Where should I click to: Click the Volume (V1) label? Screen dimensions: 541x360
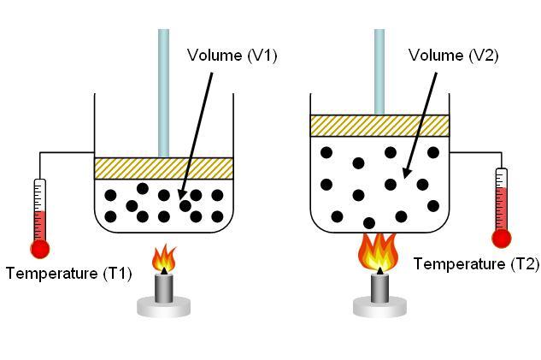(232, 56)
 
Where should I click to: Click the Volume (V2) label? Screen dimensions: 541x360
(453, 56)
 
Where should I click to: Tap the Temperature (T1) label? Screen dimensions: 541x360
(69, 274)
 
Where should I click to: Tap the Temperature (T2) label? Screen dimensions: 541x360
(476, 264)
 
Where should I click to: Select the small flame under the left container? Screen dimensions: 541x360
(164, 258)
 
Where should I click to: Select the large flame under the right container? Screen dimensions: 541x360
(379, 251)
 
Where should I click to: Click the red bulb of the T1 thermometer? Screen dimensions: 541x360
(40, 249)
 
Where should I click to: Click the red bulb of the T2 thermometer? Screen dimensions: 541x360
(502, 239)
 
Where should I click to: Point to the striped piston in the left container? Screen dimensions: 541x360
(164, 168)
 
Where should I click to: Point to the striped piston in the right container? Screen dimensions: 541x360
(379, 126)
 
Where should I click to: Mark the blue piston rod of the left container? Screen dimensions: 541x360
(163, 93)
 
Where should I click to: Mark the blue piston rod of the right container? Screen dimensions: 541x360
(379, 72)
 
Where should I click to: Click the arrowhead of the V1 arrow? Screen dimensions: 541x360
(181, 196)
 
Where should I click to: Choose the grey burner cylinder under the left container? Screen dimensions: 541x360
(163, 288)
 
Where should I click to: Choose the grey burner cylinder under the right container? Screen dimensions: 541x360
(379, 288)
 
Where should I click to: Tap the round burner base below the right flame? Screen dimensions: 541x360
(379, 306)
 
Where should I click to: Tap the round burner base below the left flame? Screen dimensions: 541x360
(163, 306)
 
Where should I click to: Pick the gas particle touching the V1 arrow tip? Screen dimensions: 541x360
(185, 206)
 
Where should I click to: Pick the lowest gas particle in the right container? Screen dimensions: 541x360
(369, 223)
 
